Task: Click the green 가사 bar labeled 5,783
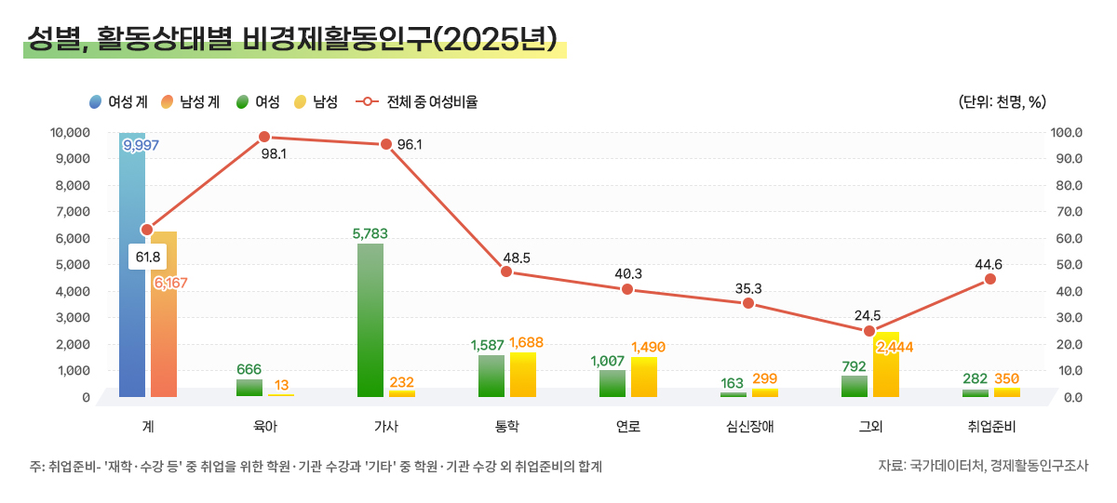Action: [x=370, y=321]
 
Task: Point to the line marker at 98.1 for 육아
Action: [x=264, y=137]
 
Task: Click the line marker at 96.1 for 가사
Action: [x=385, y=144]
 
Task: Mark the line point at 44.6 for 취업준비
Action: [x=990, y=279]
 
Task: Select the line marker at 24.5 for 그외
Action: [x=869, y=331]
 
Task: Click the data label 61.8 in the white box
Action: [x=148, y=257]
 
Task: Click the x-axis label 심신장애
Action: [x=748, y=428]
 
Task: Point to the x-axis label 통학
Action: [x=506, y=428]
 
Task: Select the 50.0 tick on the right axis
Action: [x=1067, y=265]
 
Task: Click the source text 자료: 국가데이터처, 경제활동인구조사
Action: [x=983, y=466]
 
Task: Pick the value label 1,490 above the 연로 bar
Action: [x=648, y=348]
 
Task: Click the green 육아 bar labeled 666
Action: [x=249, y=388]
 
